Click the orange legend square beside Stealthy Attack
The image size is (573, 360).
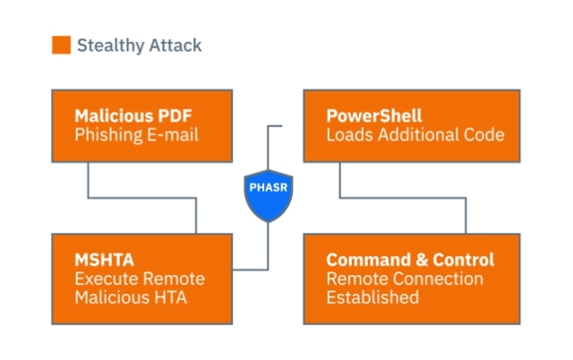(x=61, y=45)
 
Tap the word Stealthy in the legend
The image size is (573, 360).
(x=111, y=46)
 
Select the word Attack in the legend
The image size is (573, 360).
(x=175, y=46)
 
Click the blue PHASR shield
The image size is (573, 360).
(x=269, y=195)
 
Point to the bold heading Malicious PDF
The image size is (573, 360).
(x=133, y=116)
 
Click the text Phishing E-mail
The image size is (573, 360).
(x=136, y=135)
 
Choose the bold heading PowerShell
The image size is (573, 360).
(x=374, y=116)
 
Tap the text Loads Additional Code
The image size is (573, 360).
(x=415, y=134)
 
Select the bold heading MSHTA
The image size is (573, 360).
(x=104, y=260)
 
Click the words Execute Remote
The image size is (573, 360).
(x=140, y=279)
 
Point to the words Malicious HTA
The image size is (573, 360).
(x=131, y=297)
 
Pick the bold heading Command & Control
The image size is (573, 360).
(x=410, y=260)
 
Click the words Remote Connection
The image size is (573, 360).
(x=405, y=279)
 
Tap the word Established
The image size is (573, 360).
(x=372, y=297)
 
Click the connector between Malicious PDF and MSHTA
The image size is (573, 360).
(x=141, y=198)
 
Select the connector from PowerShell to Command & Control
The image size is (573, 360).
(x=403, y=198)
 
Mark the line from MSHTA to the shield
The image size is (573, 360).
(x=269, y=253)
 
